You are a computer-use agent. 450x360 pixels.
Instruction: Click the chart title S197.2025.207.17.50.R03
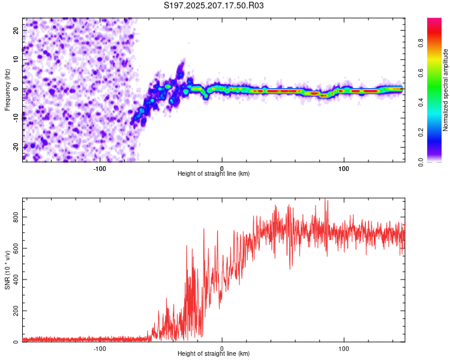pos(214,5)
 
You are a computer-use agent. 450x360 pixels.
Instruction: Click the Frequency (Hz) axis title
pos(7,90)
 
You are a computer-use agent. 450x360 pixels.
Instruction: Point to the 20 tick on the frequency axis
pos(16,31)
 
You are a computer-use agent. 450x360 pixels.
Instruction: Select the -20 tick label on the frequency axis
pos(16,148)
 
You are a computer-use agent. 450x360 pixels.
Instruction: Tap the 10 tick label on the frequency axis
pos(16,60)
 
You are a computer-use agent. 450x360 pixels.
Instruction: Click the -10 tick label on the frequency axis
pos(16,118)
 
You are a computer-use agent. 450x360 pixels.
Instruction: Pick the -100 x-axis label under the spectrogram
pos(100,169)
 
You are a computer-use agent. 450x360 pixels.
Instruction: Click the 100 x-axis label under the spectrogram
pos(344,169)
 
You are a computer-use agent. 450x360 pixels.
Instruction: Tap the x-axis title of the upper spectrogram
pos(214,173)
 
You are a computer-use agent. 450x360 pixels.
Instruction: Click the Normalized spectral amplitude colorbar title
pos(445,90)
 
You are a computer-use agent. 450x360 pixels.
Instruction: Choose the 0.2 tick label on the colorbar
pos(421,133)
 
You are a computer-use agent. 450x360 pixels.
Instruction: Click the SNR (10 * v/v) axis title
pos(7,270)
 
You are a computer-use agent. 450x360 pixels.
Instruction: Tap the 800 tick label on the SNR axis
pos(16,217)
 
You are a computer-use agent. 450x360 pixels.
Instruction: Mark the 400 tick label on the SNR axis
pos(16,280)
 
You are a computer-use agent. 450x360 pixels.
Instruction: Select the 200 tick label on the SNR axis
pos(16,311)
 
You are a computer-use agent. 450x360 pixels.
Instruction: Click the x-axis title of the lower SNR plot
pos(214,353)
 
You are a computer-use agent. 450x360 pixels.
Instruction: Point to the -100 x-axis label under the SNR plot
pos(100,349)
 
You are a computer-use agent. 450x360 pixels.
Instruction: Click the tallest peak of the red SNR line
pos(325,199)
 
